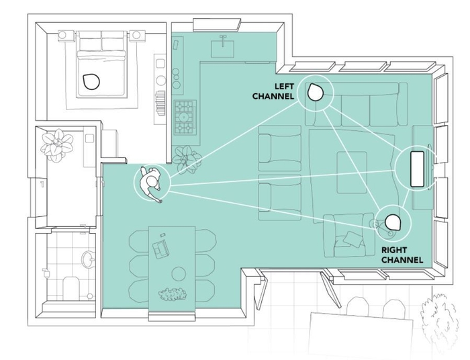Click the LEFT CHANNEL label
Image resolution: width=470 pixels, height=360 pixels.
point(273,91)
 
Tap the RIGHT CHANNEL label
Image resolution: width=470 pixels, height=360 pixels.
point(402,255)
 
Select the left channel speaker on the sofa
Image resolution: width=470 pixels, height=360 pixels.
point(315,92)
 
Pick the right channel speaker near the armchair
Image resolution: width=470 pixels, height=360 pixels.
point(392,222)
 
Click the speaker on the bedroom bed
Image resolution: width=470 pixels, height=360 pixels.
point(91,81)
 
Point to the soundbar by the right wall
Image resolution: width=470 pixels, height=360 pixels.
point(417,169)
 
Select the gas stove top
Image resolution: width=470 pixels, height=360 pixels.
point(185,118)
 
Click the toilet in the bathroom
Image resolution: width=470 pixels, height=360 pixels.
point(71,288)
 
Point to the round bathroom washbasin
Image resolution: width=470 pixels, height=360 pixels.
point(87,259)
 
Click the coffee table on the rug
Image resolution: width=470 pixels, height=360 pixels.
point(352,173)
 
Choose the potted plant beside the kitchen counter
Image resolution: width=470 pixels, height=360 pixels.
point(187,159)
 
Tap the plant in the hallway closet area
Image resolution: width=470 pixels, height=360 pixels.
point(57,145)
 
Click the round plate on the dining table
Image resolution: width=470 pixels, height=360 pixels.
point(179,273)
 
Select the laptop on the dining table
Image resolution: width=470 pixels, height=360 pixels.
point(160,249)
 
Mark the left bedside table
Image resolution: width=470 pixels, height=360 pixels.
point(66,36)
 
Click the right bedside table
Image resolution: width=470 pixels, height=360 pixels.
point(137,36)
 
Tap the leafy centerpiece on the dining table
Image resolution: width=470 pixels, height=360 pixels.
point(172,294)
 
